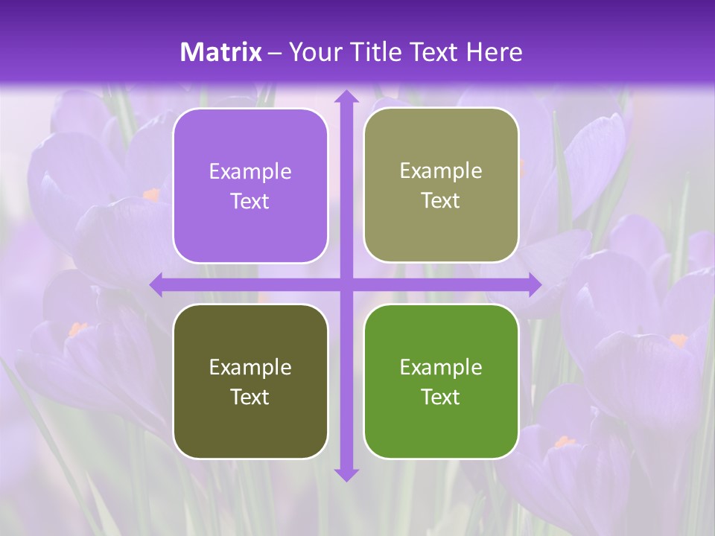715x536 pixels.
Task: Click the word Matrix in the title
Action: click(x=220, y=52)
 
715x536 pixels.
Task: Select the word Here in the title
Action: click(x=494, y=52)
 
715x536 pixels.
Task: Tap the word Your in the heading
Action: click(x=311, y=52)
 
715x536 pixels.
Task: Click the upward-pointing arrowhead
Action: click(x=346, y=97)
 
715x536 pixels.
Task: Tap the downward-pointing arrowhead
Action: click(x=346, y=474)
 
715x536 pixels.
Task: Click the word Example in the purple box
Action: click(x=250, y=172)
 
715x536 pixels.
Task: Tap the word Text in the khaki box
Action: click(x=441, y=201)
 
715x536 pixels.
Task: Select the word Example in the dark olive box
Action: click(x=250, y=368)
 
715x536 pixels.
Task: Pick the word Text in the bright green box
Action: click(x=441, y=397)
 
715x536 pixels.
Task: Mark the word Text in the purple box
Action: click(x=250, y=202)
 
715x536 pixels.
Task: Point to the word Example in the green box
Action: click(x=441, y=367)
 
